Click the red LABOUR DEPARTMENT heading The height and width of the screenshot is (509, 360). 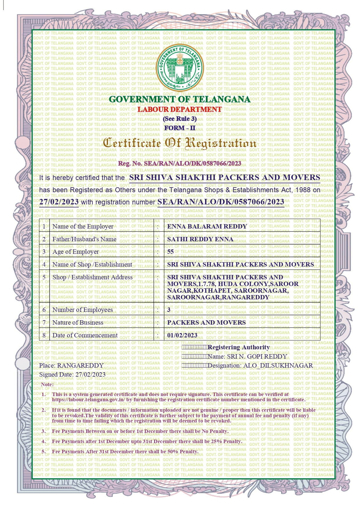click(180, 109)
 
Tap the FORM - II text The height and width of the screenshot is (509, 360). click(180, 128)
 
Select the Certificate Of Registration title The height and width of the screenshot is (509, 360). click(180, 143)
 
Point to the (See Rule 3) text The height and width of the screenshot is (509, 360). click(180, 119)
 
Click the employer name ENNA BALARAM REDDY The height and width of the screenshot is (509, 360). click(207, 226)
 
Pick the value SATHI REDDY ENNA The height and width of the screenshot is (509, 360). click(200, 239)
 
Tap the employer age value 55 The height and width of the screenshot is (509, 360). click(170, 252)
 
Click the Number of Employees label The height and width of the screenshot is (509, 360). click(82, 310)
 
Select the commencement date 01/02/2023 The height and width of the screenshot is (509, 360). click(182, 335)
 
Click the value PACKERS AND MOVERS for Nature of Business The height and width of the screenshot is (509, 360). click(206, 323)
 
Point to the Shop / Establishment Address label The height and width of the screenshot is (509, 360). click(92, 277)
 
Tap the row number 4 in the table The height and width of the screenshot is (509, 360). click(44, 265)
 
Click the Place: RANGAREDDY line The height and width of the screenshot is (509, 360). click(71, 366)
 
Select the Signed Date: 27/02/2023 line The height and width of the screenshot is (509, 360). click(72, 375)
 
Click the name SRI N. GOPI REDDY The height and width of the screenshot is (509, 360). click(257, 357)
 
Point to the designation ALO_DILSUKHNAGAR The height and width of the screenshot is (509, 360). click(278, 366)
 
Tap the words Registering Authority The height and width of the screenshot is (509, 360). click(239, 347)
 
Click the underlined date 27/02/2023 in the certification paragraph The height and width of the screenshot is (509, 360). click(59, 202)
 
